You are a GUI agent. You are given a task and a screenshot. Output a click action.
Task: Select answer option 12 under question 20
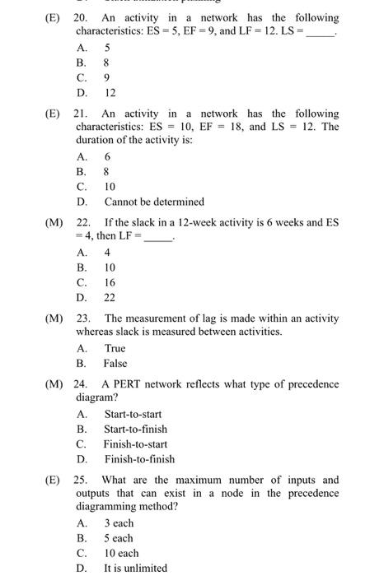110,93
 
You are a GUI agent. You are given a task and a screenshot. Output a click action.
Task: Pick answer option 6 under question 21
107,157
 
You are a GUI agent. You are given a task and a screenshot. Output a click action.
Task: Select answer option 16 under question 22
109,282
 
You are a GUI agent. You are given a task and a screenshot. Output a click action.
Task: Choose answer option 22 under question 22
109,297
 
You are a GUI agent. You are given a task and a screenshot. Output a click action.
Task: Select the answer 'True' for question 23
115,348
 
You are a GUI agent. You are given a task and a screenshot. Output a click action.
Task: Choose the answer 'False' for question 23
115,363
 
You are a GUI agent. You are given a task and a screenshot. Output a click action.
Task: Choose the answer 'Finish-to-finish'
138,459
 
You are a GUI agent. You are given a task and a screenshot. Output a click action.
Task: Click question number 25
81,480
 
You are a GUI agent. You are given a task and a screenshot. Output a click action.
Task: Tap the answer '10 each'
121,553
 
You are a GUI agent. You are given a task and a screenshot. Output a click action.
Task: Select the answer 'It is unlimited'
135,568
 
